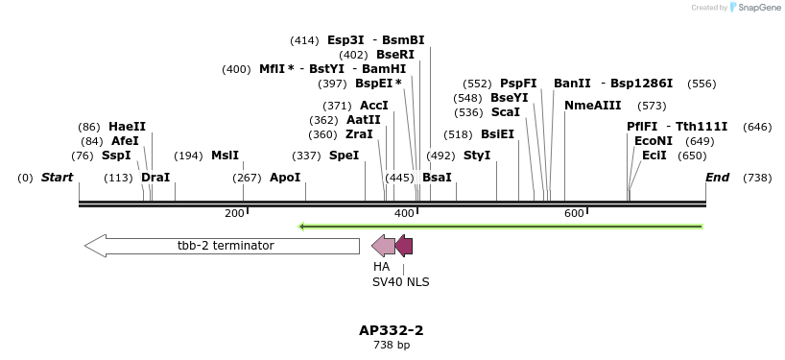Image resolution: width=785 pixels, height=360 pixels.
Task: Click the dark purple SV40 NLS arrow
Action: click(x=404, y=246)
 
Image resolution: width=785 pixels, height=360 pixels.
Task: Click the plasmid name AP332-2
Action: click(x=392, y=330)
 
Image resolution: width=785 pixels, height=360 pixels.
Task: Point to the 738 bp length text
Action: click(x=392, y=345)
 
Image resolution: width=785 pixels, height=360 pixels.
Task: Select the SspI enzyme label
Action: click(x=116, y=156)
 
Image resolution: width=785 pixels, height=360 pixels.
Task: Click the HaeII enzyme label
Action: click(x=127, y=127)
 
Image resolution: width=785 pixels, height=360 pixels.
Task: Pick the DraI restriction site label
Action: click(x=155, y=178)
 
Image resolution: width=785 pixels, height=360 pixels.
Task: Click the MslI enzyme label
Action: click(x=225, y=156)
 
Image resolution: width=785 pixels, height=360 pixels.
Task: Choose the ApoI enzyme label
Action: click(x=285, y=178)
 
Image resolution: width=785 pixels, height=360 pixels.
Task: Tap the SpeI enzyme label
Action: click(x=344, y=156)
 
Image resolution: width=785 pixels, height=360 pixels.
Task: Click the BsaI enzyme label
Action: click(x=437, y=178)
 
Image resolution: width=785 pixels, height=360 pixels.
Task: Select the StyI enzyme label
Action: click(x=477, y=156)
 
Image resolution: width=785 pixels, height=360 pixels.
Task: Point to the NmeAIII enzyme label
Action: click(x=593, y=106)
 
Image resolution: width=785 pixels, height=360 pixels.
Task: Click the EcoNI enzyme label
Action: click(x=654, y=141)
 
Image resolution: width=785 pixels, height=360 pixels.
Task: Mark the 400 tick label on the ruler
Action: click(x=404, y=213)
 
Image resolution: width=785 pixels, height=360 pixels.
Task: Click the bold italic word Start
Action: click(x=57, y=178)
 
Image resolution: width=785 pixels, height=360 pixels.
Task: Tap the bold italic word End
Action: click(x=717, y=178)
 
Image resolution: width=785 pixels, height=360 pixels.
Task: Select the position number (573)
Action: click(x=652, y=106)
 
